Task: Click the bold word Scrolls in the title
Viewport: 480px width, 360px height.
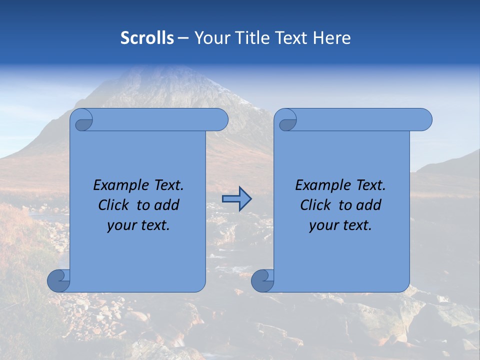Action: tap(147, 38)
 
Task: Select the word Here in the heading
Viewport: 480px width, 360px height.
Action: tap(331, 38)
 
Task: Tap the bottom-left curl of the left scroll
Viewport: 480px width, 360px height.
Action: tap(59, 280)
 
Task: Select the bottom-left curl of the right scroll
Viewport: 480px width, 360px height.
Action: tap(263, 280)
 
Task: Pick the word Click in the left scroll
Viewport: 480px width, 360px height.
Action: tap(113, 205)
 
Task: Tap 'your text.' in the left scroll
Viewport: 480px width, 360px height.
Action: tap(138, 225)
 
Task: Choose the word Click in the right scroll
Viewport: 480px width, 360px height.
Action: tap(315, 205)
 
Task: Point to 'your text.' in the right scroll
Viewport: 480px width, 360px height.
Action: tap(340, 225)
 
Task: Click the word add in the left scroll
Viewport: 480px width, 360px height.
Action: tap(167, 205)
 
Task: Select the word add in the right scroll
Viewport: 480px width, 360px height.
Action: tap(369, 205)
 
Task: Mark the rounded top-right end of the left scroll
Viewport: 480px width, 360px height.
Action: tap(220, 120)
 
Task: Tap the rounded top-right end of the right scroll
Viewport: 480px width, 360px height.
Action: tap(424, 120)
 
